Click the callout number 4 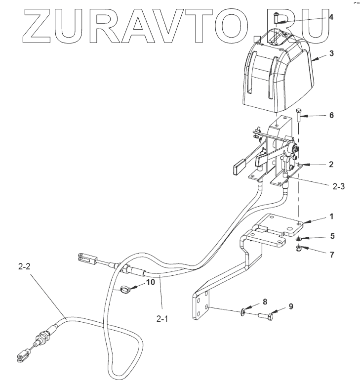331,17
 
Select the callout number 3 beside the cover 331,52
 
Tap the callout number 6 331,115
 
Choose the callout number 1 331,216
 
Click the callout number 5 331,236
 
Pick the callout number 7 331,255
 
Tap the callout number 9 291,306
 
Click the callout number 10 151,282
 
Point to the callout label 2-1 163,319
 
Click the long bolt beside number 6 299,119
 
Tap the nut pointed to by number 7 299,249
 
